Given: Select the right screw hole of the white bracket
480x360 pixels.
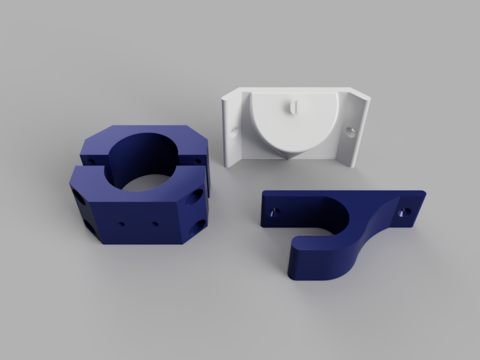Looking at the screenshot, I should (350, 129).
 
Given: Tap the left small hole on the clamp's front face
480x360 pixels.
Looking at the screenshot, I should (122, 224).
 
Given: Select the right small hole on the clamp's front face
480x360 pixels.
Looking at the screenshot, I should (155, 224).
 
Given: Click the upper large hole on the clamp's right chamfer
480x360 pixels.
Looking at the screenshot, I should (196, 197).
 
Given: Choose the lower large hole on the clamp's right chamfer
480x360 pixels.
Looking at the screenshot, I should (197, 227).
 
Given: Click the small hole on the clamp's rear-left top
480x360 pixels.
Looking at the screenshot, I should (91, 161).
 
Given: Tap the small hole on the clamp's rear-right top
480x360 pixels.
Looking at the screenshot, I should (197, 161).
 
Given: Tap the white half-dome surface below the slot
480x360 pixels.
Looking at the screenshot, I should (292, 132).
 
